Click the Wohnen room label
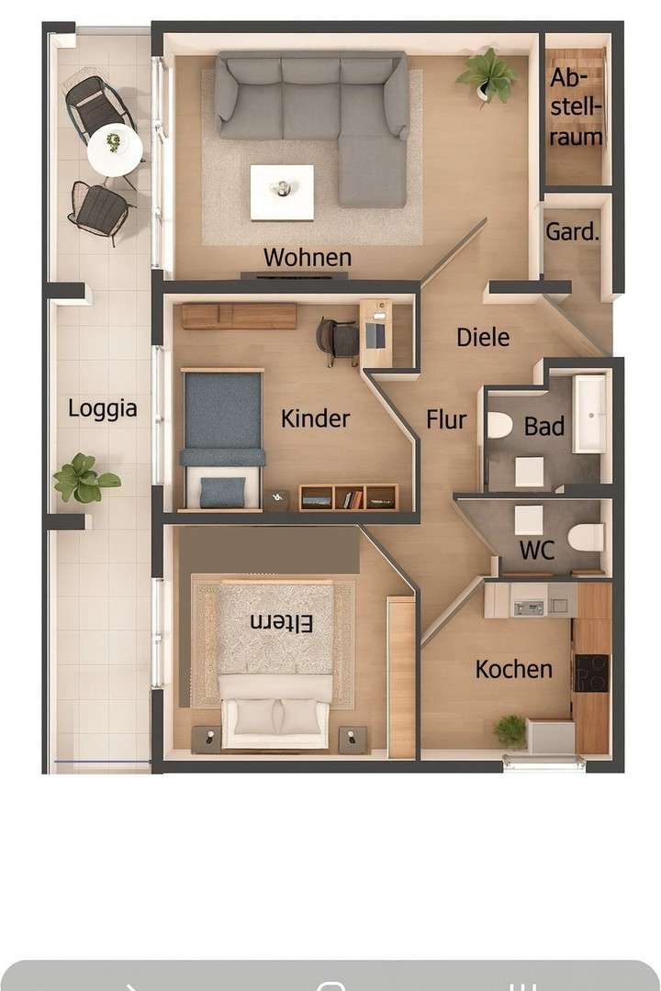tap(307, 258)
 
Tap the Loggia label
tap(102, 408)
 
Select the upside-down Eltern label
tap(281, 623)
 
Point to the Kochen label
tap(514, 670)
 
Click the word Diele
tap(483, 338)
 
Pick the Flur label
tap(446, 420)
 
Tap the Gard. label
tap(572, 232)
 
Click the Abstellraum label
tap(577, 108)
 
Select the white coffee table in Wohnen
tap(282, 191)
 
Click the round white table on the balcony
tap(115, 149)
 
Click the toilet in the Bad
tap(499, 426)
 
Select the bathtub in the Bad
tap(590, 414)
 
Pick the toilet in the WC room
tap(585, 537)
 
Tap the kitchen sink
tap(529, 607)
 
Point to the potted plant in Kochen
tap(510, 730)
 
